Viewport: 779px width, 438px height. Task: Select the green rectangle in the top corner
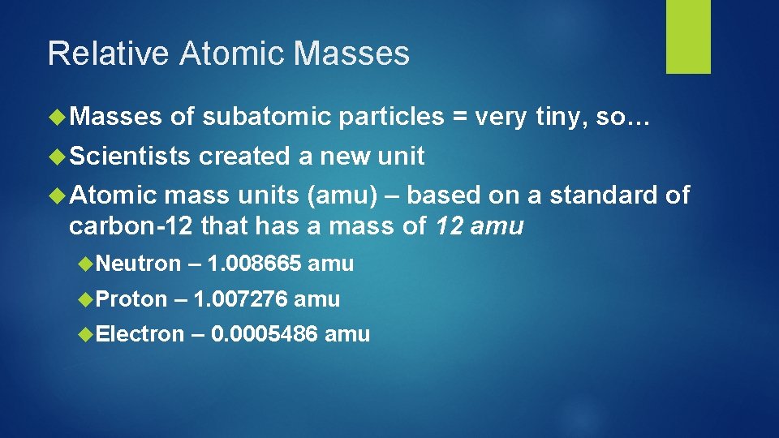click(688, 36)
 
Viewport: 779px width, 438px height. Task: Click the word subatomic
click(267, 118)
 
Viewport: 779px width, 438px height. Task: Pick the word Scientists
click(130, 155)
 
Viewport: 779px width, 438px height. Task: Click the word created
click(245, 155)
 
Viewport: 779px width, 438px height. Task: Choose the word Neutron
click(139, 264)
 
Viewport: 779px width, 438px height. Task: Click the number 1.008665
click(255, 264)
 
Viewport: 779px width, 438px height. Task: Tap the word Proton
click(131, 299)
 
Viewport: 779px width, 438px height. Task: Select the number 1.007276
click(241, 299)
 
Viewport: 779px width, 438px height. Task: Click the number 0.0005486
click(264, 334)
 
